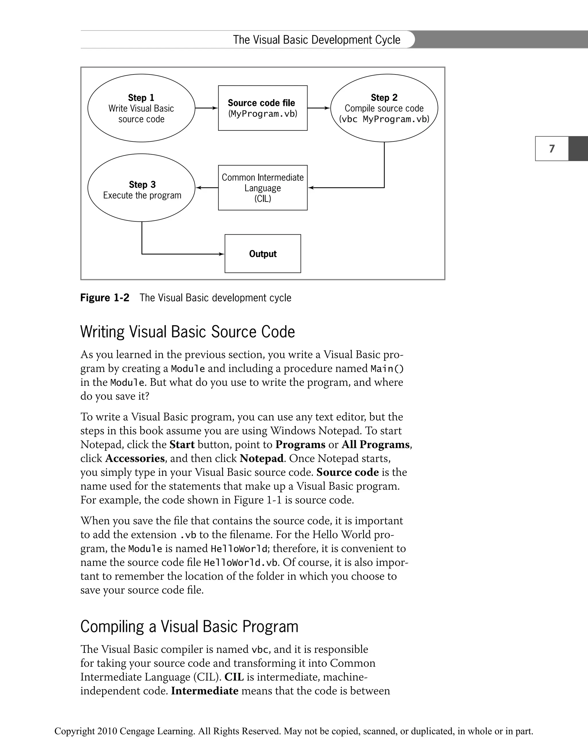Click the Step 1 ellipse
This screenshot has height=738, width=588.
[141, 108]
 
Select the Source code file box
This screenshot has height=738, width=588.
[262, 108]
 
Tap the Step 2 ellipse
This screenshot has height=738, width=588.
[384, 108]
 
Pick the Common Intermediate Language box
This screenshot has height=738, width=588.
[262, 187]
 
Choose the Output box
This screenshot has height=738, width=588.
[262, 254]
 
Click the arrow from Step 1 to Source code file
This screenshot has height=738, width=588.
[206, 108]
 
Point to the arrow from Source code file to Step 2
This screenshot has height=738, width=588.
[319, 108]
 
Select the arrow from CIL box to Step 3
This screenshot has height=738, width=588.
[206, 187]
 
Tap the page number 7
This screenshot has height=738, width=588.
[552, 149]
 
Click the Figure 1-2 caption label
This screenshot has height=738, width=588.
[105, 298]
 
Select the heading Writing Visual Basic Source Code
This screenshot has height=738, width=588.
[187, 332]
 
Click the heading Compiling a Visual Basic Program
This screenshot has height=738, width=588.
[189, 626]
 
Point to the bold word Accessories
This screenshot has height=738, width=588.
[135, 458]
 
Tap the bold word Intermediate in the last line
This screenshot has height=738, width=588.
[204, 691]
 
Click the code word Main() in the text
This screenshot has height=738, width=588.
[387, 369]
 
